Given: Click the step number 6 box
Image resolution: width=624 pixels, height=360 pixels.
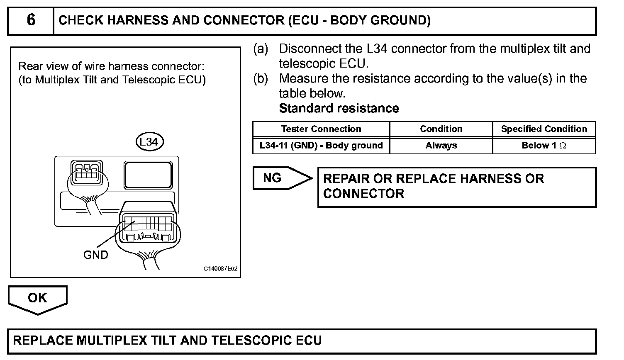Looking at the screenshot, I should pyautogui.click(x=31, y=20).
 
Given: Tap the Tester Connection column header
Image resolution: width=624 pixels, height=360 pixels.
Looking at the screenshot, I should pyautogui.click(x=321, y=129).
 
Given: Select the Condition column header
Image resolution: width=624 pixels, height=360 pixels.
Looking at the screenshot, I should pyautogui.click(x=441, y=129).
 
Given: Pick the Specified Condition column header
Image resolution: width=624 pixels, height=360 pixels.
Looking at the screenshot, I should pyautogui.click(x=544, y=129).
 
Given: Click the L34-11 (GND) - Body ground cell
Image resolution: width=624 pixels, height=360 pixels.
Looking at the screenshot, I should pyautogui.click(x=321, y=146).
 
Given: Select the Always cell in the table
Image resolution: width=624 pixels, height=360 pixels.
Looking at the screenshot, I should pyautogui.click(x=441, y=146).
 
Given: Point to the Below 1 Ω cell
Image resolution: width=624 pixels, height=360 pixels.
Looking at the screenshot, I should pyautogui.click(x=544, y=146).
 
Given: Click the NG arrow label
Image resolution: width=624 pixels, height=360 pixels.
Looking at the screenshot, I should pyautogui.click(x=273, y=178).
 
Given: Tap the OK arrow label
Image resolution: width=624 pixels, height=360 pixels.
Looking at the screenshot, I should pyautogui.click(x=37, y=298).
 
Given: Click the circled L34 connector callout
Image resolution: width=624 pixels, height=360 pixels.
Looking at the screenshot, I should pyautogui.click(x=149, y=142).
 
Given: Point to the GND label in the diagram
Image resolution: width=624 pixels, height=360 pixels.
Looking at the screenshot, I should pyautogui.click(x=96, y=255).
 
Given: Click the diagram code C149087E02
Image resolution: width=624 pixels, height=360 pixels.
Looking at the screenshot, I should pyautogui.click(x=220, y=269).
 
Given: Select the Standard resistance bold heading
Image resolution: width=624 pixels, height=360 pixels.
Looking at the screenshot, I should pyautogui.click(x=339, y=108).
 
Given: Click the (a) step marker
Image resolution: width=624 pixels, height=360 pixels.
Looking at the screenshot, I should pyautogui.click(x=261, y=49).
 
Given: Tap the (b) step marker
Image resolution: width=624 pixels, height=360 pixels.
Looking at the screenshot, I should pyautogui.click(x=261, y=79).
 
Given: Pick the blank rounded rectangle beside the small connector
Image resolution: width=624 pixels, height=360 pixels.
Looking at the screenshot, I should pyautogui.click(x=148, y=175).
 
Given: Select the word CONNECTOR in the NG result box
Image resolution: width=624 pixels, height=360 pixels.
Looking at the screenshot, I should pyautogui.click(x=363, y=194).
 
